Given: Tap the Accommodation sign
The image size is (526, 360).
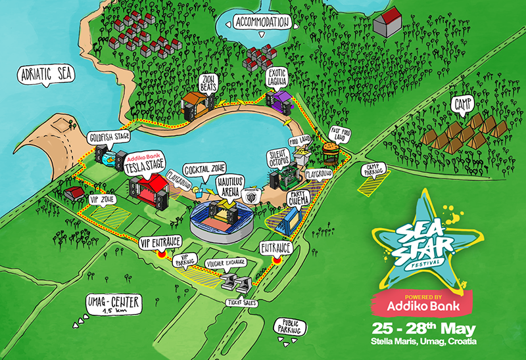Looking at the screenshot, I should [x=262, y=22].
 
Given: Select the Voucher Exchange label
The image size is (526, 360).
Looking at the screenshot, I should [x=226, y=263].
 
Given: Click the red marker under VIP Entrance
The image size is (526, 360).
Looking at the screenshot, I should [x=161, y=255].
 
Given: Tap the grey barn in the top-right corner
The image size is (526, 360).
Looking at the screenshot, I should [x=387, y=24].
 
